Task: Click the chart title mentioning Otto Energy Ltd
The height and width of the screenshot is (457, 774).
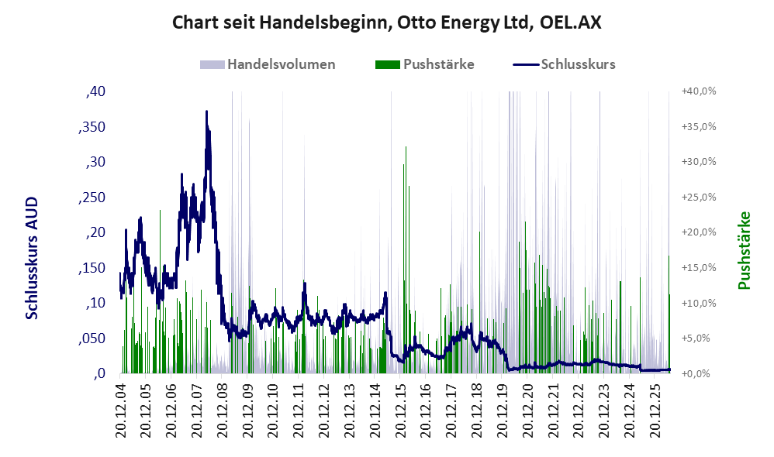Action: pos(386,22)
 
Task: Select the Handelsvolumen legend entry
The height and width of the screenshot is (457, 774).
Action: pos(268,64)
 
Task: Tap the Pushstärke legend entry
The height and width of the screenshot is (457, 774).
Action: pos(424,64)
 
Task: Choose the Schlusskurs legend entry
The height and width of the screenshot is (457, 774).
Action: pos(564,64)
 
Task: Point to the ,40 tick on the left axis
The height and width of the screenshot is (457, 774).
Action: pos(95,91)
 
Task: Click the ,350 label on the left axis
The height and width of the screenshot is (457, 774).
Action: pos(92,127)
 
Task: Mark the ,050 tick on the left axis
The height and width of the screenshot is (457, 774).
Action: pos(92,338)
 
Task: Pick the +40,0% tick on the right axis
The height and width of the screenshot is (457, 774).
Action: pos(699,91)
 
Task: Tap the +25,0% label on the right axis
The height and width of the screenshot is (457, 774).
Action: pos(699,198)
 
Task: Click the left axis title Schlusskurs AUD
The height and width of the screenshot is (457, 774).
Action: pos(32,258)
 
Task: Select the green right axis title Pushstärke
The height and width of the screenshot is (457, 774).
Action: pos(744,250)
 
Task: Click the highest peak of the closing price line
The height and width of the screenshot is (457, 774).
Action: pos(206,112)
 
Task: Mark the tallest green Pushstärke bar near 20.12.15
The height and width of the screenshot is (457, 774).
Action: pos(406,259)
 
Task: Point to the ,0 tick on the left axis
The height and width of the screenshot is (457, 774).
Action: pos(99,373)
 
